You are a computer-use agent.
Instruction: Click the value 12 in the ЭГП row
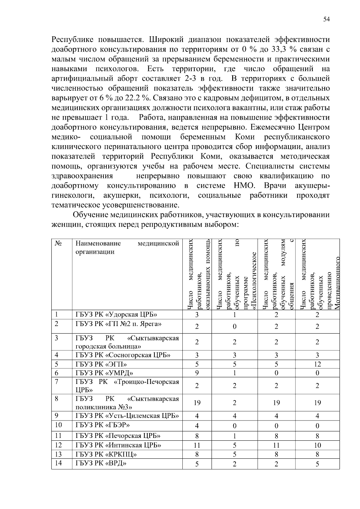click(317, 364)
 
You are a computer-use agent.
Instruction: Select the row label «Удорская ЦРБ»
click(116, 314)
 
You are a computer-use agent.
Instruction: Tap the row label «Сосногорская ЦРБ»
click(123, 355)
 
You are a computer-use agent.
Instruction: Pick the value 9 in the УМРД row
click(197, 373)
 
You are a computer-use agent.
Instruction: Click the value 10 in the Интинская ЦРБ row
click(317, 445)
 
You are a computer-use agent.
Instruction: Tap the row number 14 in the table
click(58, 463)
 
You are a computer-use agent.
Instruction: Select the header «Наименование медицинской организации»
click(127, 247)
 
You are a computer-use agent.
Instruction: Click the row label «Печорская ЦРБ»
click(118, 436)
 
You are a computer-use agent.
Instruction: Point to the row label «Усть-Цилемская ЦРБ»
click(127, 416)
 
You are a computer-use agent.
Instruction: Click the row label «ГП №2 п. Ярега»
click(118, 324)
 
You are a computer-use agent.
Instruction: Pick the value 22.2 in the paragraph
click(133, 98)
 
